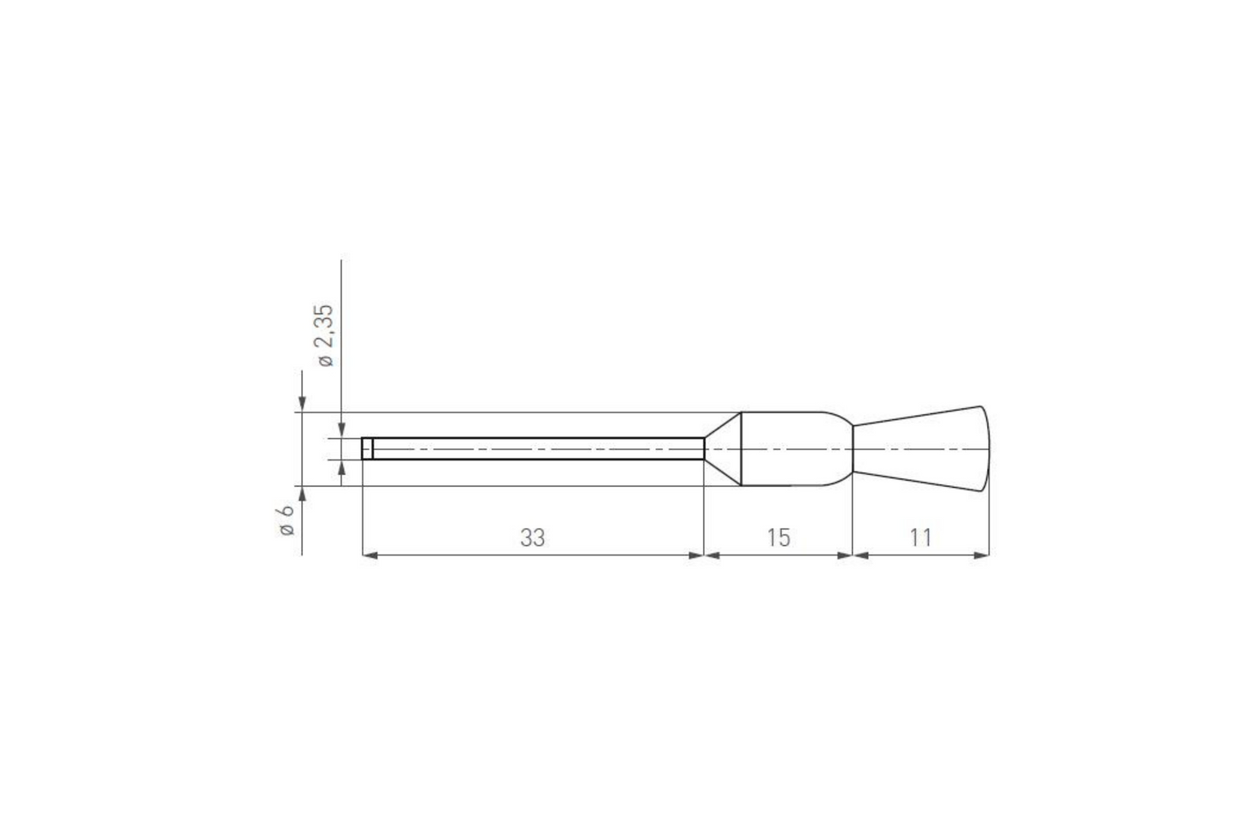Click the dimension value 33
pos(532,537)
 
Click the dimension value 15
pos(778,537)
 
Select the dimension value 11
pos(920,537)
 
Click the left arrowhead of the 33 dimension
pos(370,555)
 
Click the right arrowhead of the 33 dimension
pos(695,555)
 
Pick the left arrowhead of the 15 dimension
pos(712,555)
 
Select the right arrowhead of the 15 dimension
pos(845,555)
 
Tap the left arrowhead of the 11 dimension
pos(861,555)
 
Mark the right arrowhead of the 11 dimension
pos(982,555)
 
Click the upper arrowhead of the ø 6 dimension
pos(302,405)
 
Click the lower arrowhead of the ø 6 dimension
pos(302,494)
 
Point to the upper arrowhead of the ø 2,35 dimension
pos(341,430)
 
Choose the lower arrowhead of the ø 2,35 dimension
pos(341,467)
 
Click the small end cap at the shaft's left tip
pos(367,448)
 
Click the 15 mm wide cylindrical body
pos(795,448)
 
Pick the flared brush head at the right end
pos(924,448)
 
